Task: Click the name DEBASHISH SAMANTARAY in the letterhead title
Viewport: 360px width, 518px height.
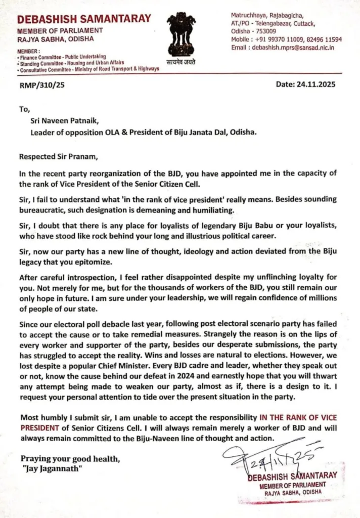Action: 84,19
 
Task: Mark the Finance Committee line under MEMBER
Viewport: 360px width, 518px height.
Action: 62,57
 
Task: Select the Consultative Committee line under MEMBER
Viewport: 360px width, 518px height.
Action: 88,69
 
